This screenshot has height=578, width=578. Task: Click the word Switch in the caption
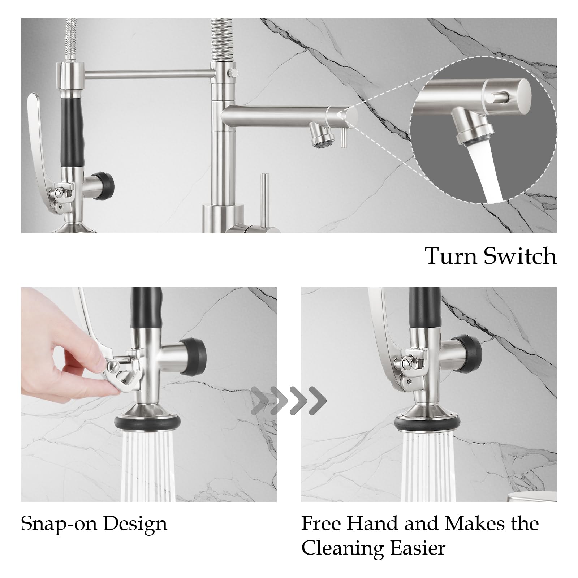(520, 256)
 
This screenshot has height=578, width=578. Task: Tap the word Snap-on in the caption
(59, 524)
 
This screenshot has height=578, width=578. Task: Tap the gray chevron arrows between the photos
(289, 401)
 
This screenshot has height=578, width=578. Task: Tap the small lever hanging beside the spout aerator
(343, 139)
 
